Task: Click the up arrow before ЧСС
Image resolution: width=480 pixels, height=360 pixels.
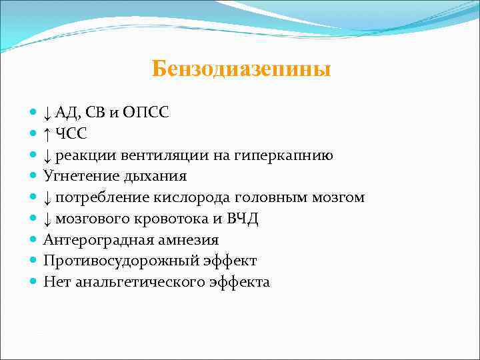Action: tap(47, 134)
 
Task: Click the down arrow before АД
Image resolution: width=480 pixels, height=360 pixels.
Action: tap(47, 113)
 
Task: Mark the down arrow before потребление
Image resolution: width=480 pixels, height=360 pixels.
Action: tap(47, 198)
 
